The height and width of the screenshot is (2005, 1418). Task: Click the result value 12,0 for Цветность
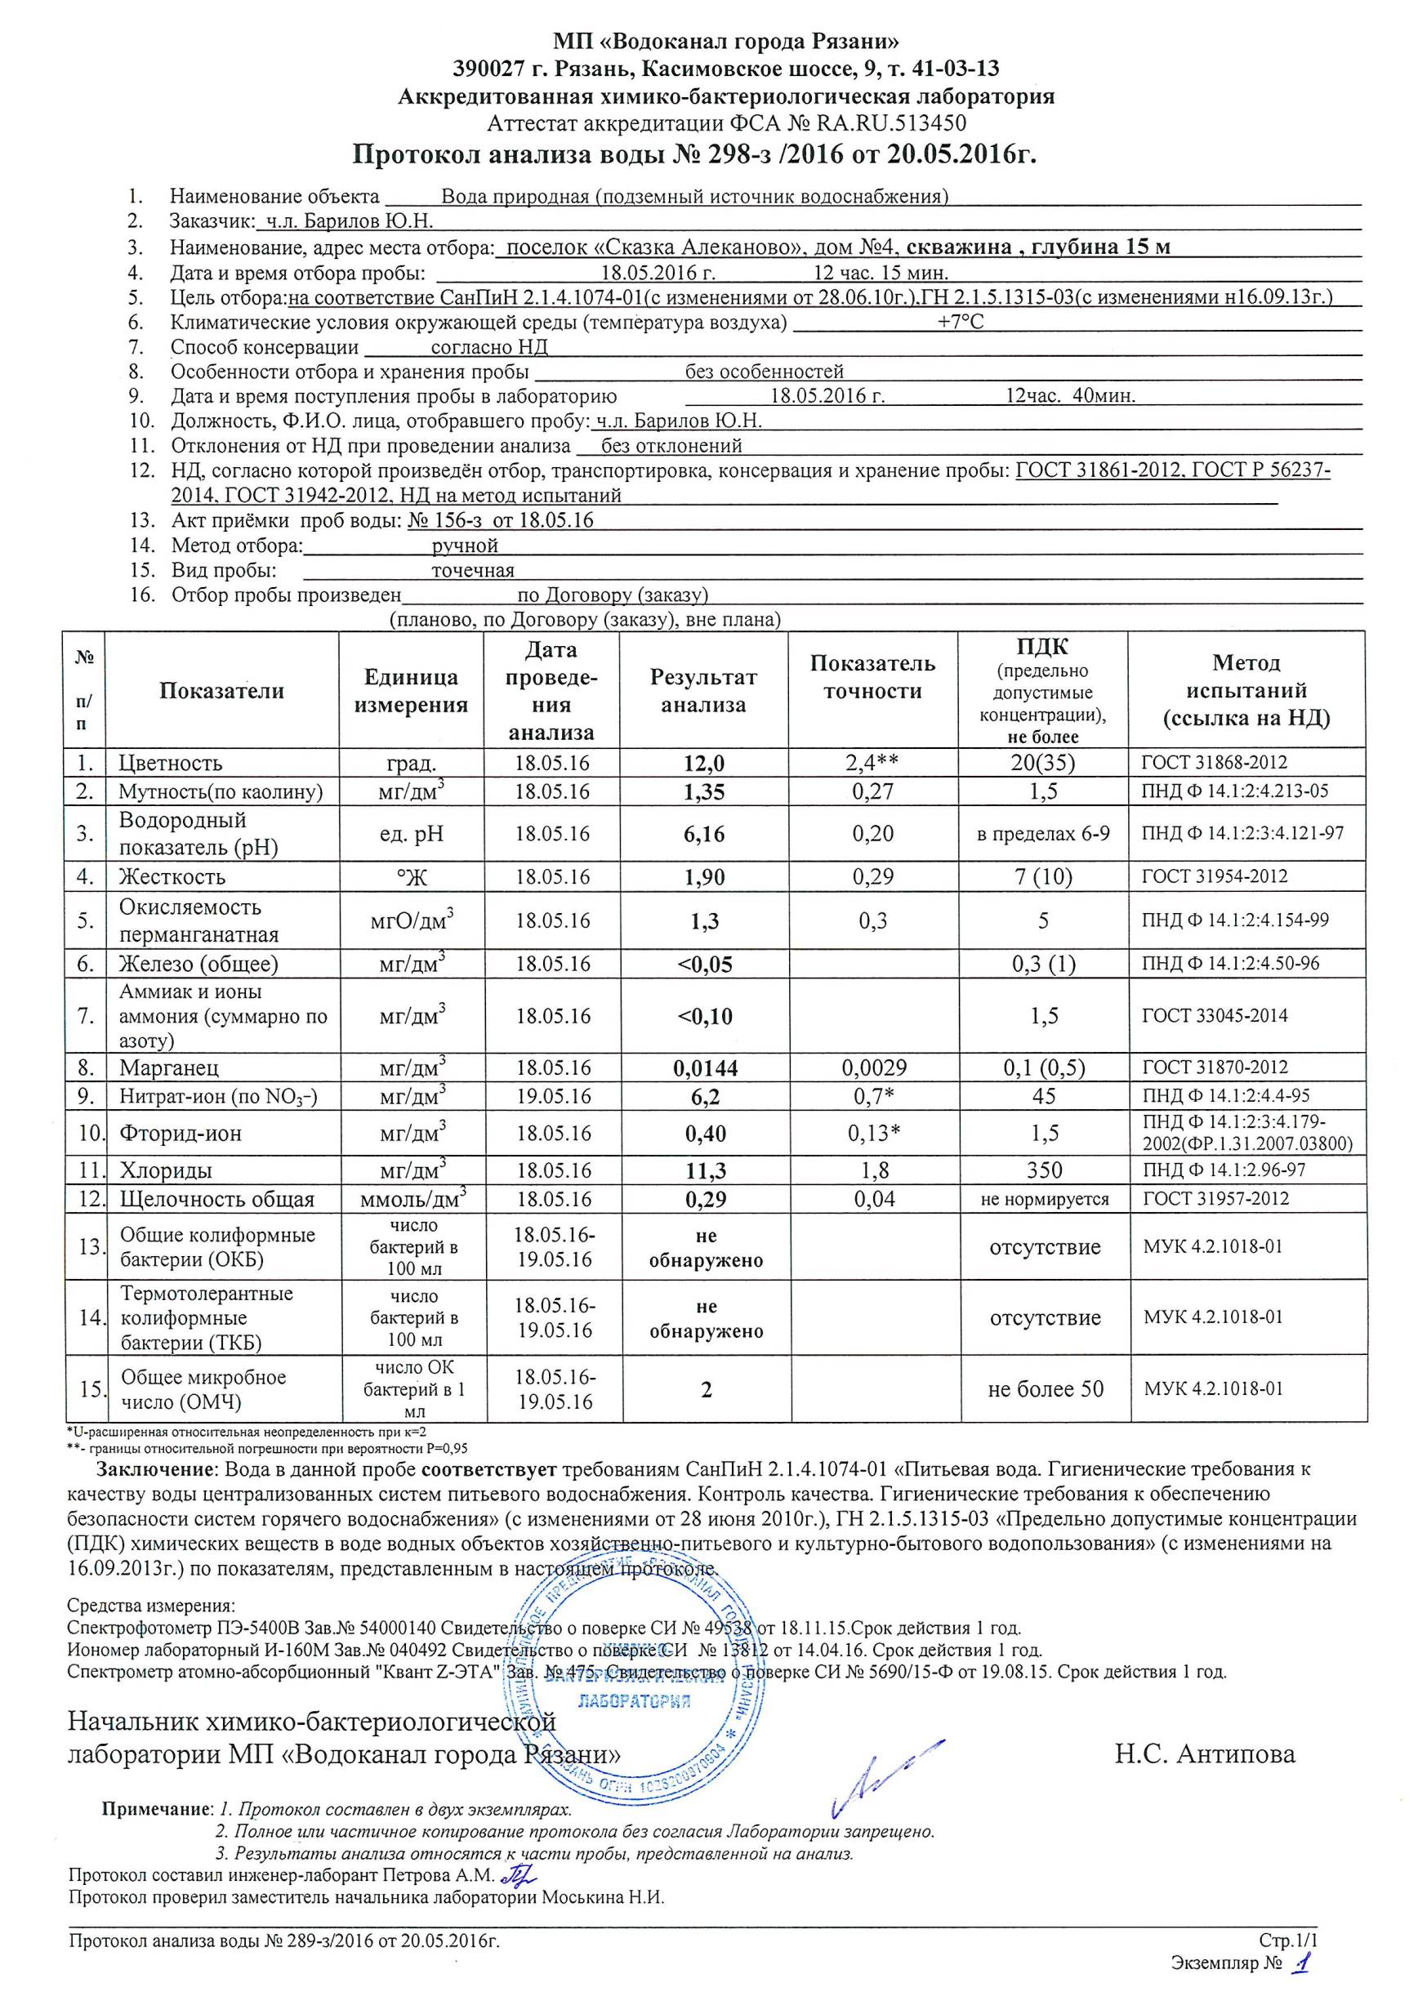pos(704,764)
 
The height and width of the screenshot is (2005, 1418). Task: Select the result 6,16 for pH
pos(704,834)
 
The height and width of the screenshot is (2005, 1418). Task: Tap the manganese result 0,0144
pos(705,1067)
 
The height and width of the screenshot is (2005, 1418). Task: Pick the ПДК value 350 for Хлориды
pos(1044,1170)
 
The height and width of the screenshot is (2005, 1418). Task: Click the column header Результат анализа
pos(704,691)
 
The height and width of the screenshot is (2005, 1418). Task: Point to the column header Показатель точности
pos(872,677)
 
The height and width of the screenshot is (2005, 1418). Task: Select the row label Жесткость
pos(173,877)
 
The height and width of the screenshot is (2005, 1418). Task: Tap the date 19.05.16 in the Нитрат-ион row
pos(552,1096)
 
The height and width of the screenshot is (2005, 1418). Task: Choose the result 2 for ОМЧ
pos(706,1389)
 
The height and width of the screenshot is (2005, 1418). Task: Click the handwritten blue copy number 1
pos(1304,1981)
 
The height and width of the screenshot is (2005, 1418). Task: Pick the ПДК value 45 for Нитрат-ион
pos(1044,1096)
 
